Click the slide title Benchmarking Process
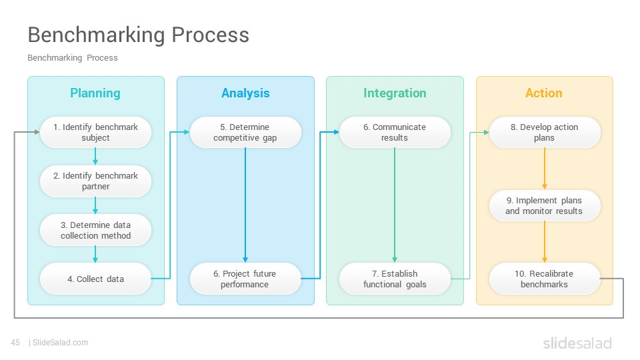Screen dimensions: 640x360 click(139, 35)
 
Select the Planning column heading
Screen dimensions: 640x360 click(95, 93)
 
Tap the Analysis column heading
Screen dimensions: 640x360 click(245, 93)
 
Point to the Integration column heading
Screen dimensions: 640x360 click(395, 93)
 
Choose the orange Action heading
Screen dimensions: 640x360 click(544, 93)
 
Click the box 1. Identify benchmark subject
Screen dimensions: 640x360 click(95, 132)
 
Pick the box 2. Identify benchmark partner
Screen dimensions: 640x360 click(95, 181)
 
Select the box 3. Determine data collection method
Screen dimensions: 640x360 click(95, 230)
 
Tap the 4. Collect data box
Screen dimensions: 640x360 click(95, 279)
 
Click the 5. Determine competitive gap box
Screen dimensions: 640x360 click(245, 132)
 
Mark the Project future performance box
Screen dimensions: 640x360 click(245, 279)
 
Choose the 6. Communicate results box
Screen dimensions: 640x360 click(395, 132)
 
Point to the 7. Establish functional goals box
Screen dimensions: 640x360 click(395, 279)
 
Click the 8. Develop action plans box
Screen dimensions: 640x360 click(545, 132)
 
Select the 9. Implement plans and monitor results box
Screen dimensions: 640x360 click(545, 206)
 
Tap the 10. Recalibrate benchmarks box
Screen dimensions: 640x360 click(545, 279)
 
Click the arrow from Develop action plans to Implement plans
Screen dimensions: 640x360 click(545, 169)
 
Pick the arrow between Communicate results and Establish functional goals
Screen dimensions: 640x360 click(395, 205)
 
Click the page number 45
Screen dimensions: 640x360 click(15, 343)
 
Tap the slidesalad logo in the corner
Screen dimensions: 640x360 click(577, 343)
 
